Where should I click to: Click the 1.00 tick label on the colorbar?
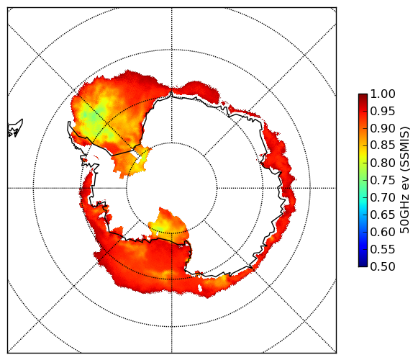click(383, 94)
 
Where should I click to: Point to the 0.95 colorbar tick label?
click(383, 112)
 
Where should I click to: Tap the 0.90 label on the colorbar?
click(383, 129)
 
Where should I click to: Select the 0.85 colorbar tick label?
click(383, 145)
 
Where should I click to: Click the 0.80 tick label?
click(383, 163)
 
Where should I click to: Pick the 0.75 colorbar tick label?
click(383, 181)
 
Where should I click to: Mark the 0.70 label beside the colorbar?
click(383, 197)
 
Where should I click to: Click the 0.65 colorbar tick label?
click(383, 215)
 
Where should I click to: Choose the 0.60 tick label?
click(383, 232)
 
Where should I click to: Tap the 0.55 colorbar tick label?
click(383, 249)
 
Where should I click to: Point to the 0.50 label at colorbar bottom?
click(383, 266)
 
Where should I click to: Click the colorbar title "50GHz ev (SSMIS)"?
click(404, 180)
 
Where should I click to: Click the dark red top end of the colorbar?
click(363, 96)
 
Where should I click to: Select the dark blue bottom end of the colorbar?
click(363, 264)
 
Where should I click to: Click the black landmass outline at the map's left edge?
click(15, 128)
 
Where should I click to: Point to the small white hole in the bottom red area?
click(200, 288)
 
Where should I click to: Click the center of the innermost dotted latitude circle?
click(172, 188)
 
